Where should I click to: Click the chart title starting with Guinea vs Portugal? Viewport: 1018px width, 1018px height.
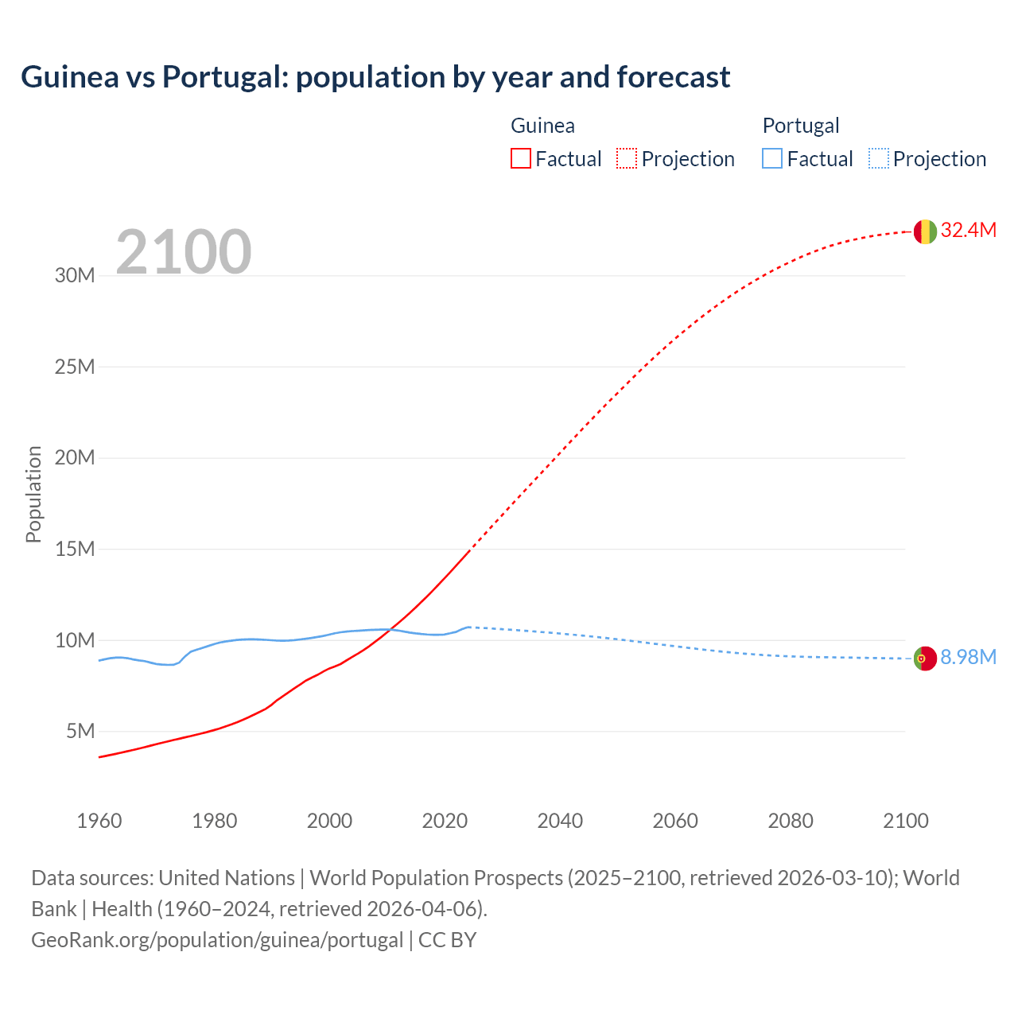click(375, 77)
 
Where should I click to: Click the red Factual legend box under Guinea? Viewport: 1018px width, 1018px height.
click(520, 158)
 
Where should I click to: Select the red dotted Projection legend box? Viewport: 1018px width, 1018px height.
click(627, 158)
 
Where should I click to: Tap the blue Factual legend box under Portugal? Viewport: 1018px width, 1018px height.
click(772, 158)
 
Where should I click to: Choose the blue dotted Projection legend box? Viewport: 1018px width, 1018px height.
click(878, 158)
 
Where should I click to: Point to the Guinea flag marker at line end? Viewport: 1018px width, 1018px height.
click(925, 231)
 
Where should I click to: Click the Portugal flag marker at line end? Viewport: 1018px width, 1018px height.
click(925, 659)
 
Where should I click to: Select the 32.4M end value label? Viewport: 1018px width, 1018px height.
click(968, 231)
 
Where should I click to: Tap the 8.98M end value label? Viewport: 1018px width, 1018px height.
click(968, 658)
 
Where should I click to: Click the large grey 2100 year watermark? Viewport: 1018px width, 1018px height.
click(184, 252)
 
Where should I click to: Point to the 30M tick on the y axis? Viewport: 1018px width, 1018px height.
click(75, 276)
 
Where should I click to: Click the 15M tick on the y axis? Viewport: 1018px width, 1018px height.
click(75, 549)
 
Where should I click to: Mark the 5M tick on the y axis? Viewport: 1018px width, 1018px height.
click(80, 731)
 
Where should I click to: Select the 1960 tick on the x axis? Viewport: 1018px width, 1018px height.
click(99, 821)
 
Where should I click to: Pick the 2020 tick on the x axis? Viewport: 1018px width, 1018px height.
click(445, 821)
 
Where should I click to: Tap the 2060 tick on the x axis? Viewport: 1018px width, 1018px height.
click(675, 821)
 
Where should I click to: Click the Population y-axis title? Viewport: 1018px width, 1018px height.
click(33, 494)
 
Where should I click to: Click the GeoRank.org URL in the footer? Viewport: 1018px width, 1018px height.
click(217, 940)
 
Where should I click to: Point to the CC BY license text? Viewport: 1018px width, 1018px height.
click(447, 940)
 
